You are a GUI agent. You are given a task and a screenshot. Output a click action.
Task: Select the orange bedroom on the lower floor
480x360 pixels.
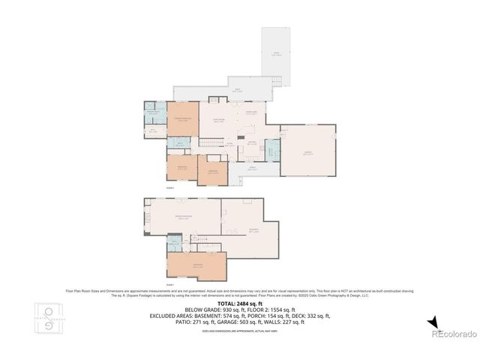pos(196,265)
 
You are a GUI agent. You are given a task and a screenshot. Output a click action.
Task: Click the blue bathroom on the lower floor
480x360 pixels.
pos(175,244)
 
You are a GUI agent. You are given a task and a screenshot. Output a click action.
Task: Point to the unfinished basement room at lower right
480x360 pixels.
pos(251,229)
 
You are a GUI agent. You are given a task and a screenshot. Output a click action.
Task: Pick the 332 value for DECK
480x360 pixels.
pos(315,315)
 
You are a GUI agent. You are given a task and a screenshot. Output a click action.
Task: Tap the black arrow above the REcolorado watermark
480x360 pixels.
pos(433,322)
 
